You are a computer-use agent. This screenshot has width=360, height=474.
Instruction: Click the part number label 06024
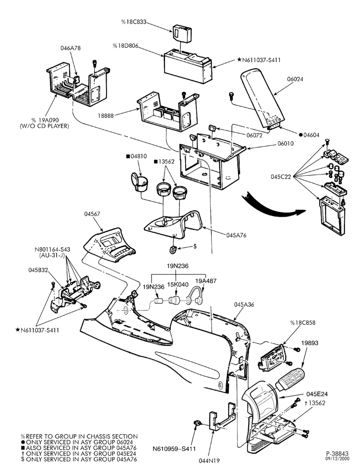tap(295, 79)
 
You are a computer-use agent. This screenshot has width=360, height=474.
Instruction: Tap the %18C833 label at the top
tap(134, 22)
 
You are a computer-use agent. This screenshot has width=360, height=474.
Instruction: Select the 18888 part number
tap(106, 116)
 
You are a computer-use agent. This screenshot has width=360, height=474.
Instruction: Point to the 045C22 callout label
tap(280, 177)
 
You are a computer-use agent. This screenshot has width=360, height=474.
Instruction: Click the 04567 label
tap(92, 214)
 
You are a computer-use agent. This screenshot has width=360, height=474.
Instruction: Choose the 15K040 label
tap(179, 284)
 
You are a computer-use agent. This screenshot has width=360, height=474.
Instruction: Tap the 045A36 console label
tap(244, 304)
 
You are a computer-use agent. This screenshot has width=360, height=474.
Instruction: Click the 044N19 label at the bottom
tap(209, 461)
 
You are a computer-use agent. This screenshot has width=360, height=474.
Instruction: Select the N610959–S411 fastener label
tap(174, 449)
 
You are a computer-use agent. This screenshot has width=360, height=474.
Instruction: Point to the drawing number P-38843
tap(337, 454)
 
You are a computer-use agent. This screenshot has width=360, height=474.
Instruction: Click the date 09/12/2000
tap(337, 458)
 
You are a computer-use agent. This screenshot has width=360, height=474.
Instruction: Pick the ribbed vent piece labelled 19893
tap(290, 380)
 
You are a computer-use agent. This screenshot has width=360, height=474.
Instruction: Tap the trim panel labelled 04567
tap(110, 245)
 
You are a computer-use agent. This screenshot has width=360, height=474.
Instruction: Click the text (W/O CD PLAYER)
tap(44, 126)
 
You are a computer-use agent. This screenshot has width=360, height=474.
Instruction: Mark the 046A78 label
tap(71, 48)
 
